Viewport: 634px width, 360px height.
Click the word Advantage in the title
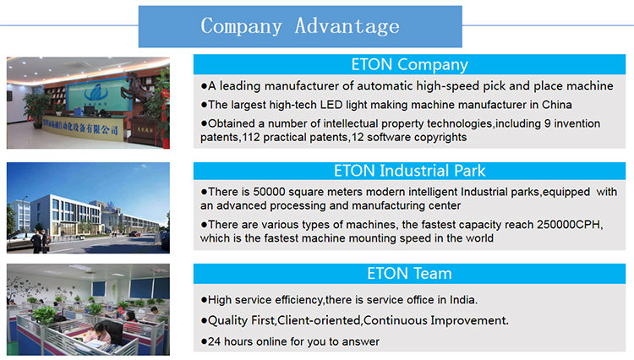click(347, 26)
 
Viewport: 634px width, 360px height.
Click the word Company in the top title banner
click(241, 26)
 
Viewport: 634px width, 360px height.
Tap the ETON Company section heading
click(409, 64)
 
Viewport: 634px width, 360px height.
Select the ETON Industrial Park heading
click(409, 171)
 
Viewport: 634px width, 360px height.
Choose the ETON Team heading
click(409, 274)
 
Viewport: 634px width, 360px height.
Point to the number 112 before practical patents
click(251, 138)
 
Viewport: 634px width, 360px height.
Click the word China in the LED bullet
click(557, 105)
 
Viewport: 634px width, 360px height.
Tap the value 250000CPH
click(569, 224)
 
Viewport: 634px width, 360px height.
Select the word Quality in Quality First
click(227, 321)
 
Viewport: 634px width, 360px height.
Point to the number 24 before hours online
click(215, 341)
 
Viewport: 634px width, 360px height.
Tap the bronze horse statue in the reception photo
click(138, 87)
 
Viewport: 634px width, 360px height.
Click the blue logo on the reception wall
click(96, 92)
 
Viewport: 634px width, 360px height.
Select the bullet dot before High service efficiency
click(204, 300)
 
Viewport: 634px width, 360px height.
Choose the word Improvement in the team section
click(469, 321)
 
